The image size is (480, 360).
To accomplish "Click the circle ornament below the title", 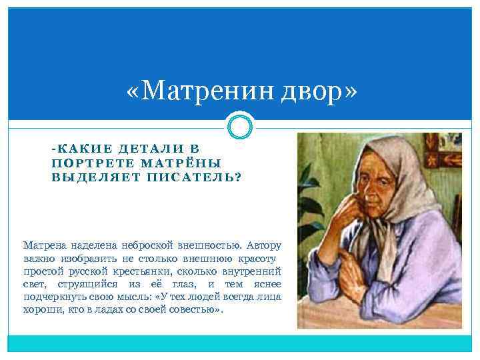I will [x=240, y=125].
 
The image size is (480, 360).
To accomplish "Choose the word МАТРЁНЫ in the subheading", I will [x=181, y=163].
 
